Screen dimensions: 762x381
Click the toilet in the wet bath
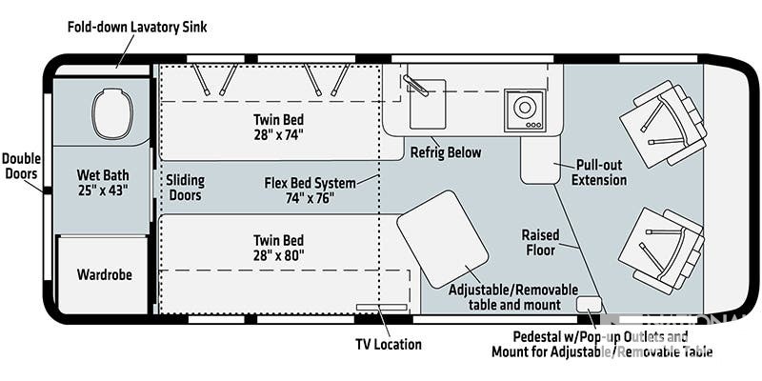[x=112, y=113]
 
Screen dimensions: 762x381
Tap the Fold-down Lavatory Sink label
[x=137, y=27]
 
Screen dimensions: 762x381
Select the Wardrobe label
[x=104, y=274]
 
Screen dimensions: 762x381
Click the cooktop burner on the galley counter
[x=525, y=110]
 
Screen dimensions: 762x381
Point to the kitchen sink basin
[x=428, y=104]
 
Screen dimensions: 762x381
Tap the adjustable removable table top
[x=443, y=239]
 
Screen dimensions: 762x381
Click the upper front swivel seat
[x=663, y=124]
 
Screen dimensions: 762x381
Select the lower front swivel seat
[x=661, y=251]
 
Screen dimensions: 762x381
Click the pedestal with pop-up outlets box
[x=589, y=305]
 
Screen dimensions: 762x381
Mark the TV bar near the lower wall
[x=382, y=307]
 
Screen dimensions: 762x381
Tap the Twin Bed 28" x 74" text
[x=278, y=127]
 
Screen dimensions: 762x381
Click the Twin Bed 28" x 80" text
[x=278, y=248]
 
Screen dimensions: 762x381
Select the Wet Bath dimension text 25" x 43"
[x=103, y=190]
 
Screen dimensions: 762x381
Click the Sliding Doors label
[x=185, y=188]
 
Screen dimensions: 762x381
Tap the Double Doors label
[x=21, y=166]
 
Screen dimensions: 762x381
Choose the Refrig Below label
[x=446, y=152]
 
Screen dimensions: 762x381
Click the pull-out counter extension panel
[x=540, y=159]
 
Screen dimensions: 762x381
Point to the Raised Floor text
[x=540, y=243]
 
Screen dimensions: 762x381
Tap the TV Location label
[x=389, y=344]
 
